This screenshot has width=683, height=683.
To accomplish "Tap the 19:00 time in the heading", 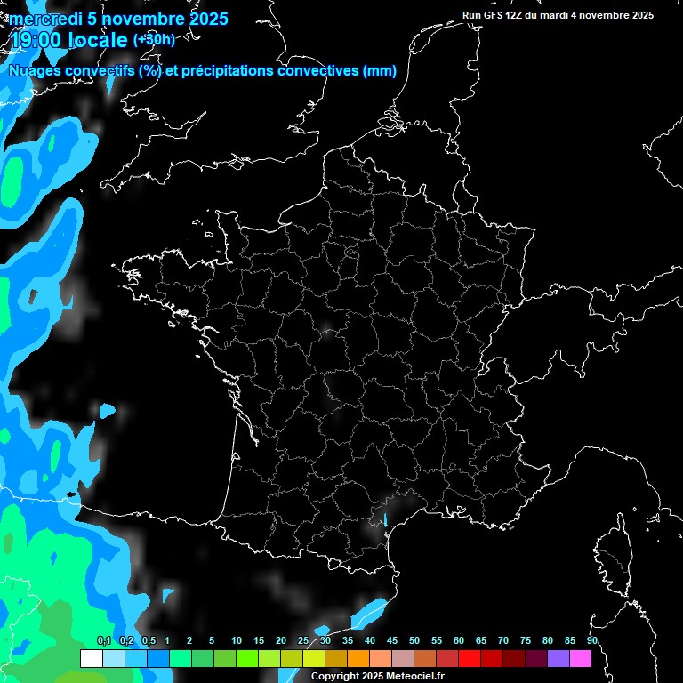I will point(36,40).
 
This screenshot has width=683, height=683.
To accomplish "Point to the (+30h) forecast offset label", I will point(154,39).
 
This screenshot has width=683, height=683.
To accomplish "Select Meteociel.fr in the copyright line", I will point(415,676).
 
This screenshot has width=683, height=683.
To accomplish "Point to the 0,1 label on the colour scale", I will point(104,641).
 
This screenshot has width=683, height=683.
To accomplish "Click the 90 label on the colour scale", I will point(591,641).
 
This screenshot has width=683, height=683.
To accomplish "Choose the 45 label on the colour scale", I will point(392,641).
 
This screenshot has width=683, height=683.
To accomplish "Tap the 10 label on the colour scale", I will point(236,641).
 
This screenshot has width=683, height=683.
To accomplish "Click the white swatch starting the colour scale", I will point(91,658).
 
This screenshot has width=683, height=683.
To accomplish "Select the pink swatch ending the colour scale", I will point(580,658).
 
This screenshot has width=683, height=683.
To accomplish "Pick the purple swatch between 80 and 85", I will point(558,658).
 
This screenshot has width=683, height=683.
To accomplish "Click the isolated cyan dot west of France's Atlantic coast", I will point(108,411).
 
